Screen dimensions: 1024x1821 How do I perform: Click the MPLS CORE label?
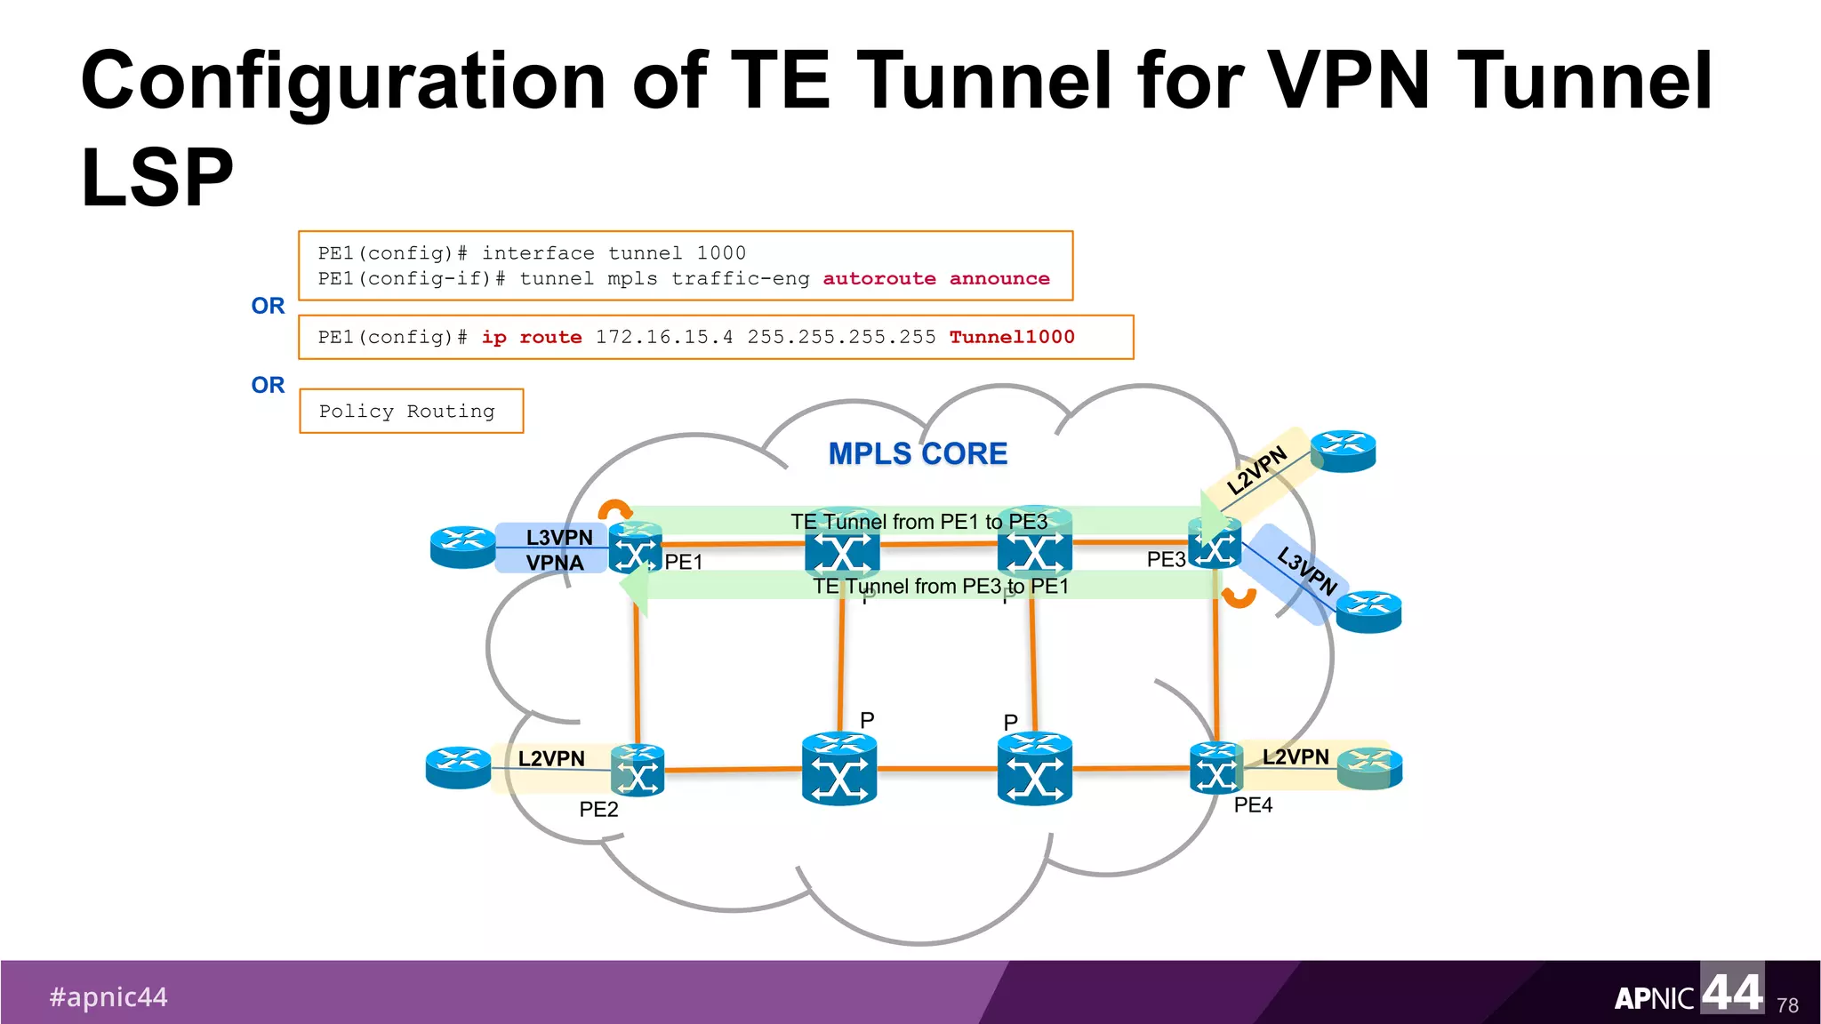click(918, 453)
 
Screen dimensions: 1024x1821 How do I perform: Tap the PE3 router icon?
click(1215, 543)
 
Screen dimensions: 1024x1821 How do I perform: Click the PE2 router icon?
click(638, 771)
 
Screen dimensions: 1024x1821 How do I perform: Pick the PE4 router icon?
click(1215, 769)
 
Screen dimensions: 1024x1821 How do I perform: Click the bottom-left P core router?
click(839, 770)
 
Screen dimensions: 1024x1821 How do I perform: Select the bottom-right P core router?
click(1034, 770)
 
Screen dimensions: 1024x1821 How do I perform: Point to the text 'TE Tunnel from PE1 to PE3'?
click(919, 522)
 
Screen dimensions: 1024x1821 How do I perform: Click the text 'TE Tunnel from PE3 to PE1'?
click(940, 587)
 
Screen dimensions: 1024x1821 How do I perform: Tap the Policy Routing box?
click(411, 412)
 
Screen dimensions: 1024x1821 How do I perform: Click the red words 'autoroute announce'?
click(935, 279)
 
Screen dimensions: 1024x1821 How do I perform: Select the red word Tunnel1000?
click(1011, 337)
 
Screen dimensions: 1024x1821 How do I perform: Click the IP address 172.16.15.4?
click(663, 337)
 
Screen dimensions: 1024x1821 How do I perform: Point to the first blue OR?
click(268, 306)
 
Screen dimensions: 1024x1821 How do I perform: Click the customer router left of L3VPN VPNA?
click(462, 547)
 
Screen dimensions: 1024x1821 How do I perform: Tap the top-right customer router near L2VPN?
click(1343, 451)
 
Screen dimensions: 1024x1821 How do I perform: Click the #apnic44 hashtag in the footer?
click(108, 997)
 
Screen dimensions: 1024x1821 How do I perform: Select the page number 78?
click(1787, 1005)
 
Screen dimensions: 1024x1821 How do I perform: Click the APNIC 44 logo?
click(1688, 992)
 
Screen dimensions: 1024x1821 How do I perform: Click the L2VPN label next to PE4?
click(1296, 757)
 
